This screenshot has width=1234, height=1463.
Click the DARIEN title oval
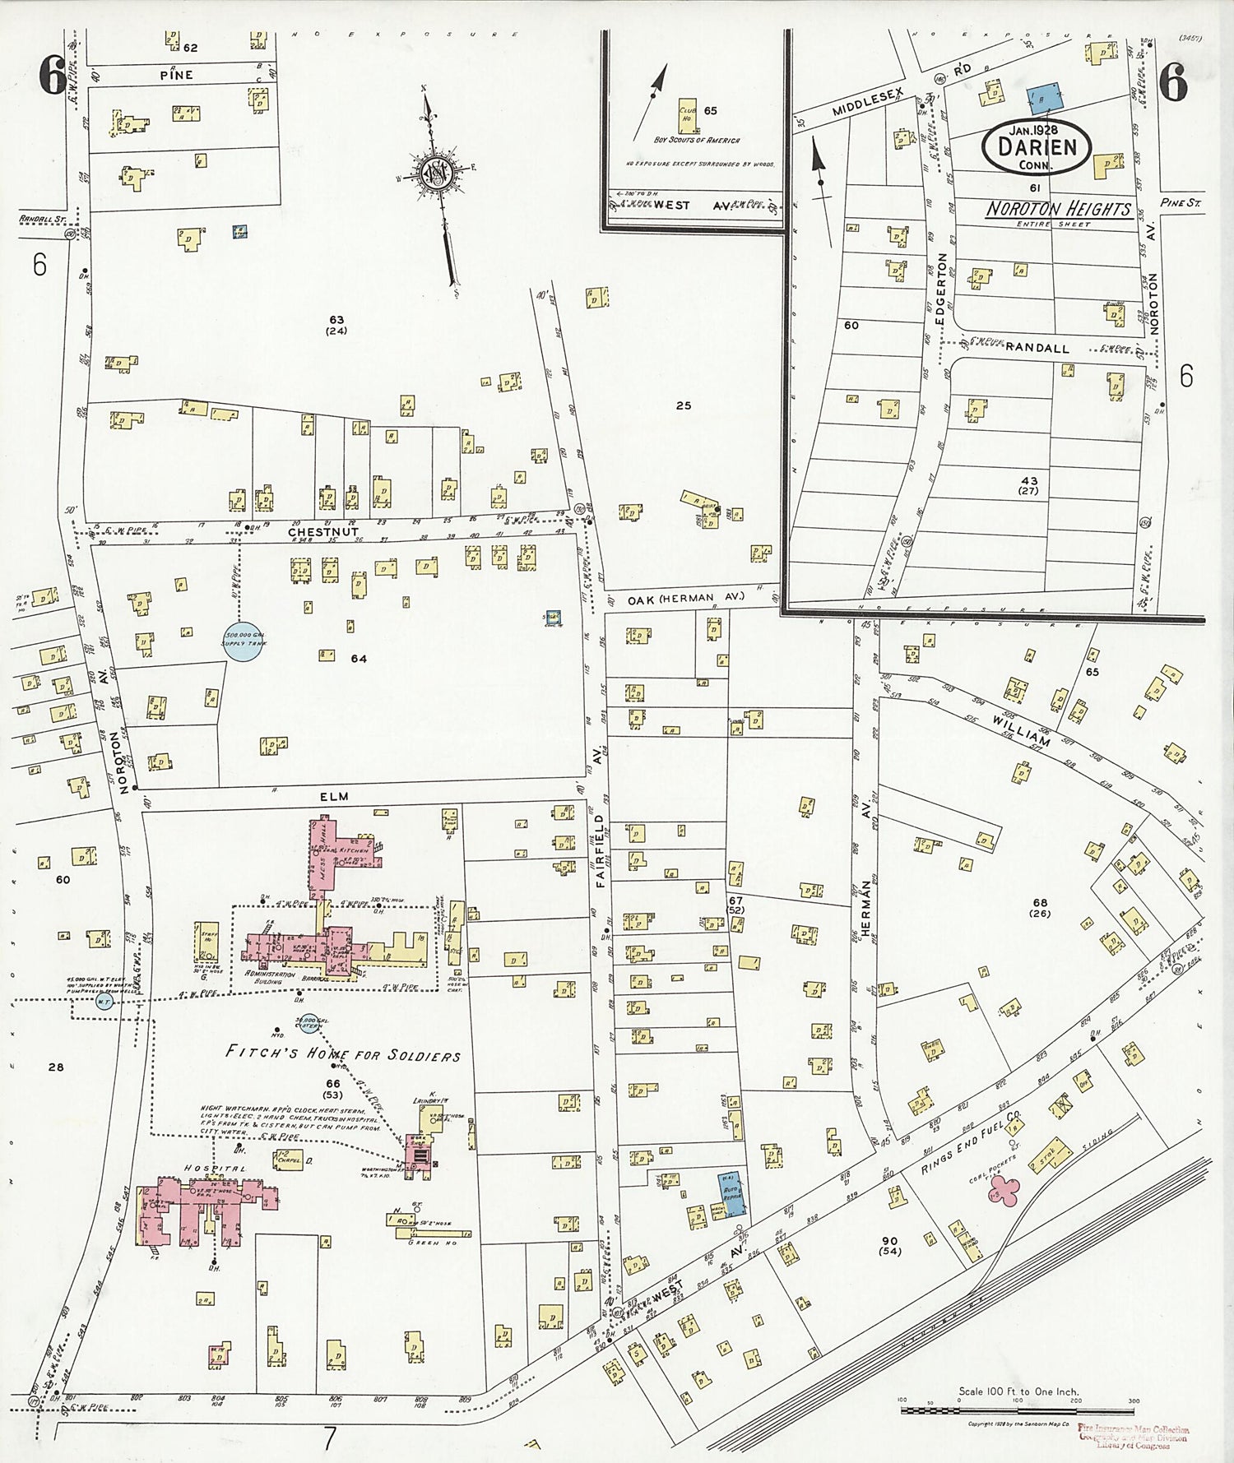[x=1036, y=146]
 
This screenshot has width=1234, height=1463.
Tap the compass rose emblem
[x=434, y=174]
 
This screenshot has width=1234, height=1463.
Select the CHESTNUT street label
[x=311, y=532]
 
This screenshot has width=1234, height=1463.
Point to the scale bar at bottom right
[x=1018, y=1410]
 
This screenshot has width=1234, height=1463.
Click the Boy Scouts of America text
[x=696, y=140]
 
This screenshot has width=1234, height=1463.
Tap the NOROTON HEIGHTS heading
[x=1058, y=209]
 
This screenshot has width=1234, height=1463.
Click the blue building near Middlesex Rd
[x=1041, y=100]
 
